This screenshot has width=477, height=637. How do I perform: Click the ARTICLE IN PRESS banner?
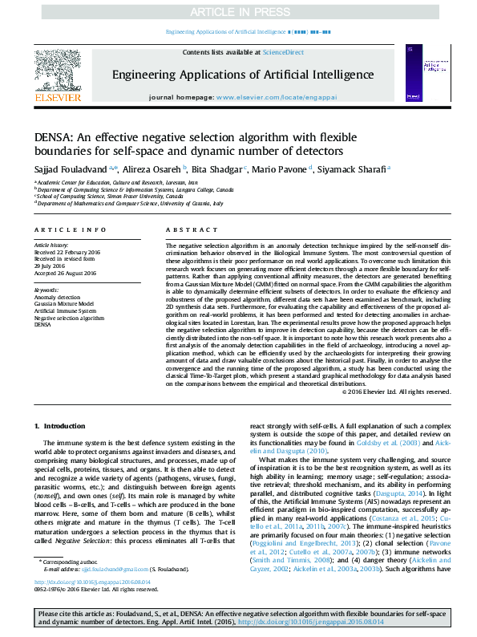[238, 13]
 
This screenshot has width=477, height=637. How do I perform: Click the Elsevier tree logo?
[59, 73]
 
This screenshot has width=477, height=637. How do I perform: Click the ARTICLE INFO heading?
[65, 229]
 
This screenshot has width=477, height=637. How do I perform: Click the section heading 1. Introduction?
[59, 425]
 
